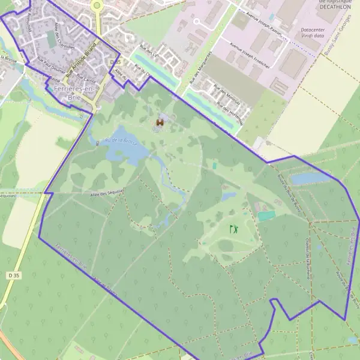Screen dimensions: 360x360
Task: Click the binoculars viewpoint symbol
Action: coord(160,122)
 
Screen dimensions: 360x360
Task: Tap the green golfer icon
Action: coord(233,229)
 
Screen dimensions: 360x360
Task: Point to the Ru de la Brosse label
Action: coord(119,140)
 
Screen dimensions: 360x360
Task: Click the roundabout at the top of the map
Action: coord(97,5)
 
